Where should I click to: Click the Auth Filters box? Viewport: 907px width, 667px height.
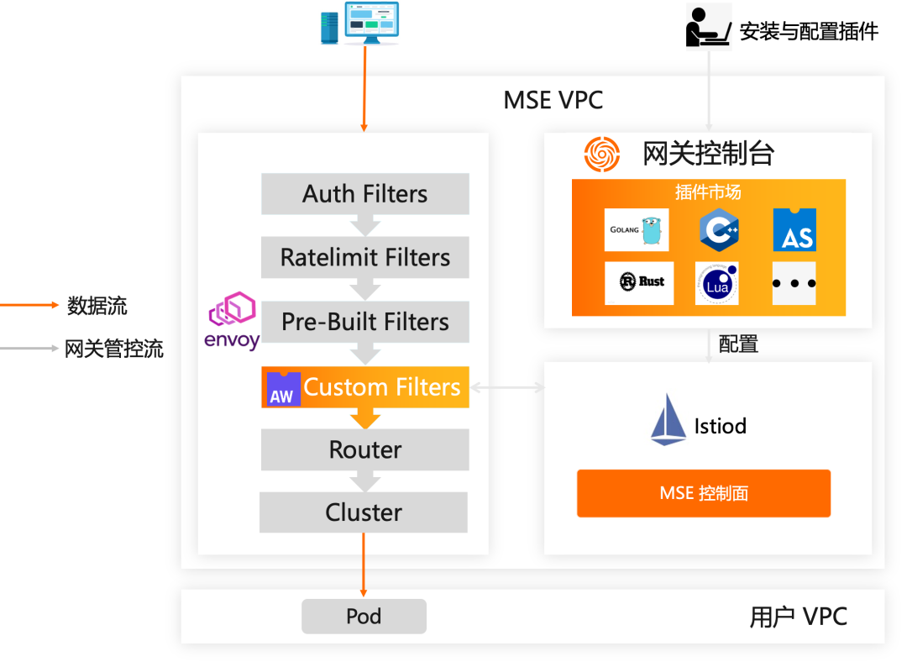364,194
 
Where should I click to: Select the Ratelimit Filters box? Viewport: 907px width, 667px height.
364,258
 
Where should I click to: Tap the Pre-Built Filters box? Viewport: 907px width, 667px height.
364,322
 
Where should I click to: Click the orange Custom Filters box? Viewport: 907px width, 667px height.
364,387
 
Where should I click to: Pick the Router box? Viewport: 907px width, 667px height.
364,450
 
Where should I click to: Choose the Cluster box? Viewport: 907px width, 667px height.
363,512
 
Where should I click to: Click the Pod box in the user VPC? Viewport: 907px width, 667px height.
364,617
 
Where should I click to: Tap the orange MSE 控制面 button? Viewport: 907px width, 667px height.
703,493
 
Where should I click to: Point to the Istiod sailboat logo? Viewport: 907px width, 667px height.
668,419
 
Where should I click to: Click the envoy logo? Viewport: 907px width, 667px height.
232,320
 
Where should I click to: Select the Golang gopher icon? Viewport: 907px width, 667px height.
637,229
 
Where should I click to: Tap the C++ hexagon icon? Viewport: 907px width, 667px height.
719,229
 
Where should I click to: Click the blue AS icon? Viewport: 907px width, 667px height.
794,229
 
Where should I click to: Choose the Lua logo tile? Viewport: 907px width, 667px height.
717,283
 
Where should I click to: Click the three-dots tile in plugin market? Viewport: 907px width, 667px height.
794,283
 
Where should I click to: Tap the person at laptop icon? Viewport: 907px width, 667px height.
709,26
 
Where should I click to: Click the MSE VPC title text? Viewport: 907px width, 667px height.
553,101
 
